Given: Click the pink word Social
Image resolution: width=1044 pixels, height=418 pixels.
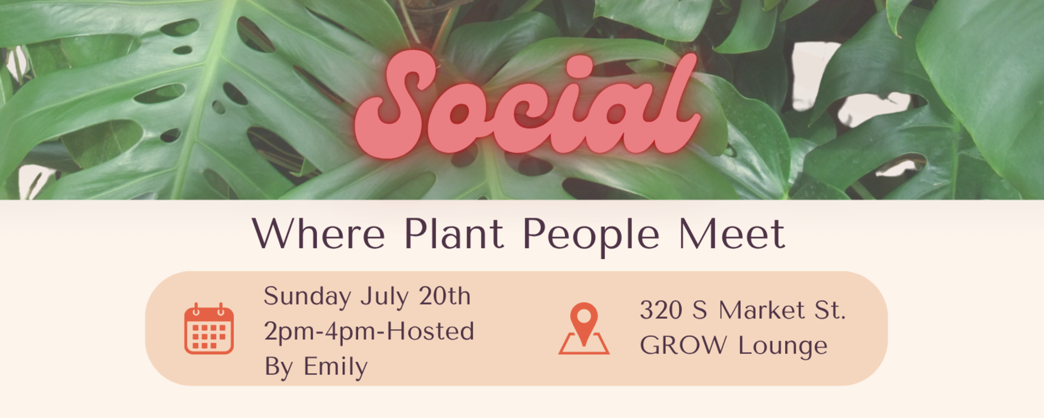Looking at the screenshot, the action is (527, 105).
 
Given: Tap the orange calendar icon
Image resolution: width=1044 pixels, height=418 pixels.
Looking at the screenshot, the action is (209, 328).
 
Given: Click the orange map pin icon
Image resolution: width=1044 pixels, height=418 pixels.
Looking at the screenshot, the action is (584, 328).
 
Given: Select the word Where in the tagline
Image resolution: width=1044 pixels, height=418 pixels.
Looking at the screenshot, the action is (319, 234).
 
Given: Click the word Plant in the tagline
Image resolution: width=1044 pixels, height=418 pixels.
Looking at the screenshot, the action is (453, 234).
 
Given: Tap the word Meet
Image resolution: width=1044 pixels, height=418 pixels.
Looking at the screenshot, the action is (731, 234).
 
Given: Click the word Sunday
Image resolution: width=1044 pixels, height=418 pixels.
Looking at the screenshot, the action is (307, 297).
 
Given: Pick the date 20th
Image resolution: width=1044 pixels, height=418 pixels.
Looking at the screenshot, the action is (445, 296).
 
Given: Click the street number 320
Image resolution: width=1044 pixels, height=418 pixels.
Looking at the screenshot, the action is (661, 310).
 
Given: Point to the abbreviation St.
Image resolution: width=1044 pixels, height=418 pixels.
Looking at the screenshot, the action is (830, 310).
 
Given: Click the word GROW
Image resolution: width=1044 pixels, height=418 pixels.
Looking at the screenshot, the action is (683, 345).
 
